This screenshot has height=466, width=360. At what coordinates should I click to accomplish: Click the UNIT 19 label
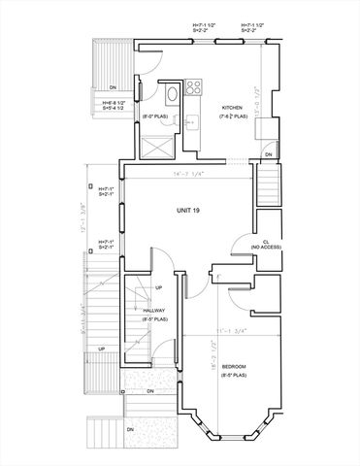(188, 210)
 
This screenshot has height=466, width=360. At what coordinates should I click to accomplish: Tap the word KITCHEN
(232, 108)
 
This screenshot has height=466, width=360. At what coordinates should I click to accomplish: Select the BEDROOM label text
(234, 366)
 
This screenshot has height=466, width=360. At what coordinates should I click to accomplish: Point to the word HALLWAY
(154, 310)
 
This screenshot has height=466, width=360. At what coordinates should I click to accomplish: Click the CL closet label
(265, 241)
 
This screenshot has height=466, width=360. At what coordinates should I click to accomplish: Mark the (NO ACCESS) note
(265, 248)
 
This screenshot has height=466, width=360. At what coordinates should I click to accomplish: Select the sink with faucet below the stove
(191, 122)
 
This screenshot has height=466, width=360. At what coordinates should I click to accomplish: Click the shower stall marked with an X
(154, 149)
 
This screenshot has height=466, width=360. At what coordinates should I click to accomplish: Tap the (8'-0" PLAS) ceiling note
(157, 117)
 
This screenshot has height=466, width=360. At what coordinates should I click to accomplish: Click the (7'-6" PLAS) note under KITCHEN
(233, 116)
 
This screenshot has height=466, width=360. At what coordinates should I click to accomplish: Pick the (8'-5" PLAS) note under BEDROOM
(234, 374)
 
